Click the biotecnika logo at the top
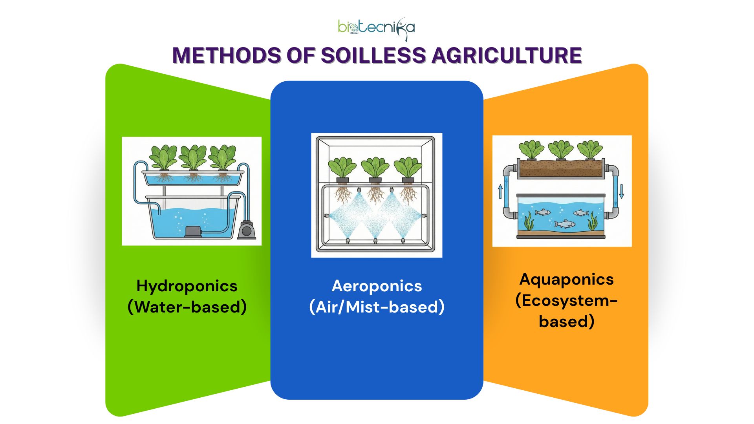[x=376, y=28]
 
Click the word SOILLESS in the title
[x=373, y=55]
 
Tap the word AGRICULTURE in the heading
[x=507, y=55]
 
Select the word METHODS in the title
[x=227, y=55]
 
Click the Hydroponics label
[x=187, y=286]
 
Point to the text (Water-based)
[x=187, y=307]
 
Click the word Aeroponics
[x=377, y=286]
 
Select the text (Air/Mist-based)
[x=377, y=307]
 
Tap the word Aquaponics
[x=566, y=280]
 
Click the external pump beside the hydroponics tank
[x=247, y=230]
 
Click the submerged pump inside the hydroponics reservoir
[x=193, y=231]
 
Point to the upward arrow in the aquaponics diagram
[x=500, y=192]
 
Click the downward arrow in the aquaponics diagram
[x=621, y=191]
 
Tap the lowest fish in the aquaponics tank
[x=565, y=224]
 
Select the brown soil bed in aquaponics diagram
[x=560, y=168]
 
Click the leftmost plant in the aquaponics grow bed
[x=531, y=150]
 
